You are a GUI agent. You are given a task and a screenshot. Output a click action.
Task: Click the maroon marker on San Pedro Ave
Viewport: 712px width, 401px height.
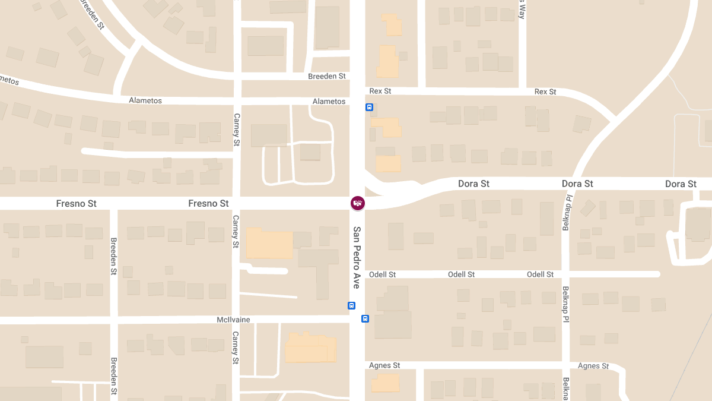tap(358, 203)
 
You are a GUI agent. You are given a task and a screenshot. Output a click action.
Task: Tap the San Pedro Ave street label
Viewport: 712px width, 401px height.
tap(357, 257)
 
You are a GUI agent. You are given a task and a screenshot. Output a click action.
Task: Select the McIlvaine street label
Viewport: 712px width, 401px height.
tap(233, 320)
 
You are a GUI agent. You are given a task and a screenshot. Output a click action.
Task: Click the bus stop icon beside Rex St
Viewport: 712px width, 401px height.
tap(369, 108)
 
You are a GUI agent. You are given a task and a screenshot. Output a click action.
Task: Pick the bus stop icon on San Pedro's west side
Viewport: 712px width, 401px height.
tap(351, 305)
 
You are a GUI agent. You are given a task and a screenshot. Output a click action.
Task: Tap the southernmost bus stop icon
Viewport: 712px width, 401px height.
tap(365, 318)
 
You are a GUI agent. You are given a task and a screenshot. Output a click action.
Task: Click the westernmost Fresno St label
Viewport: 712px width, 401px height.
tap(76, 203)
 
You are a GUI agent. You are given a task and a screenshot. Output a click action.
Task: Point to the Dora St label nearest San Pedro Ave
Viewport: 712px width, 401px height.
tap(473, 184)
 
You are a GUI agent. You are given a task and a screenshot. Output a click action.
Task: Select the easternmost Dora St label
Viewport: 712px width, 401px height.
tap(681, 184)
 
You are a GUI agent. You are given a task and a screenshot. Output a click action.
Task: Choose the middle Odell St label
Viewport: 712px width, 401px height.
tap(461, 274)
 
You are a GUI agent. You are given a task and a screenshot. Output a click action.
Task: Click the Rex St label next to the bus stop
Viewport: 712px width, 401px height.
tap(380, 91)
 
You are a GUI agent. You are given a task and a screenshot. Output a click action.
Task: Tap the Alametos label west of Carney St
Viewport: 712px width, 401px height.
tap(145, 100)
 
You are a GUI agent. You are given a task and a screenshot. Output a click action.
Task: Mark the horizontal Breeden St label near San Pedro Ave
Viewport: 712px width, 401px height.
tap(327, 77)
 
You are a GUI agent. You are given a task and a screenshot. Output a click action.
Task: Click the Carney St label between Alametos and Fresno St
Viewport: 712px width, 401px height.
tap(236, 130)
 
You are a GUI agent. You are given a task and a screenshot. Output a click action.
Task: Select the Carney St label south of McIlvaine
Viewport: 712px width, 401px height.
tap(236, 348)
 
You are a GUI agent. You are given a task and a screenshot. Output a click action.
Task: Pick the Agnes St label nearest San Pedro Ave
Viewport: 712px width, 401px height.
tap(384, 365)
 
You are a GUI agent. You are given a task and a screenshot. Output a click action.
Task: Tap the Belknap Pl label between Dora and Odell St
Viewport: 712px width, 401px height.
tap(566, 212)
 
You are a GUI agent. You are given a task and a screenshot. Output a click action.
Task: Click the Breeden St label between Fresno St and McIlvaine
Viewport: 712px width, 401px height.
tap(113, 256)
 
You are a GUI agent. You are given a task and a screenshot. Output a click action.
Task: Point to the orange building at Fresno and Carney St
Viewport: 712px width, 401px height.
tap(269, 243)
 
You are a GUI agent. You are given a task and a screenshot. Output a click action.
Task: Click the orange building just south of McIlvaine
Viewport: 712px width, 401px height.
tap(311, 348)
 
